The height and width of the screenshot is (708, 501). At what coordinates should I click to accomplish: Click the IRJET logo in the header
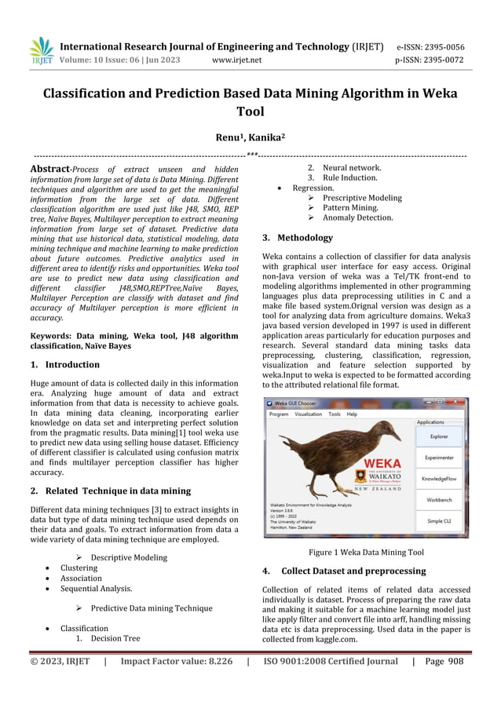point(41,51)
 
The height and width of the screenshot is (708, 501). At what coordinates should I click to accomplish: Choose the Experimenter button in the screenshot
point(440,457)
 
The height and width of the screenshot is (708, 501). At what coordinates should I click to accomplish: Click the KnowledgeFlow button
point(440,478)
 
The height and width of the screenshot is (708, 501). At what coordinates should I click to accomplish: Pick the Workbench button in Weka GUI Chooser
point(440,499)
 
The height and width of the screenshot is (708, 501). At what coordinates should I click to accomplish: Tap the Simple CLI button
point(440,520)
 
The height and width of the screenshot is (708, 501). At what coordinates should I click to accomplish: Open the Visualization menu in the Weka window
point(308,414)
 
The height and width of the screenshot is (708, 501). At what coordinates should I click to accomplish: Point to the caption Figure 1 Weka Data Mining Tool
point(366,552)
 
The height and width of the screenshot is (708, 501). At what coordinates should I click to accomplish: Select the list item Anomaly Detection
point(357,217)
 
